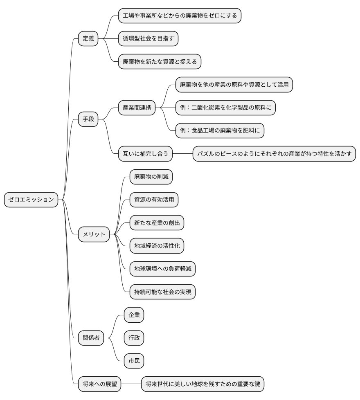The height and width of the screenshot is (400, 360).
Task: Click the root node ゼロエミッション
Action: tap(31, 200)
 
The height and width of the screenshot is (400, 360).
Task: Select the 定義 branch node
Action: tap(88, 38)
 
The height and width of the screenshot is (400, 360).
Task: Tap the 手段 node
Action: tap(88, 119)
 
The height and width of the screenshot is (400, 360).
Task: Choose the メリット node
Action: tap(94, 234)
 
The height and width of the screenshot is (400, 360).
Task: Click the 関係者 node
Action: tap(91, 338)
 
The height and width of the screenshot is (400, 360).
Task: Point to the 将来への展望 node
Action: tap(99, 384)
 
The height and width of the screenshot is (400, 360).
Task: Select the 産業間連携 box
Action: tap(137, 108)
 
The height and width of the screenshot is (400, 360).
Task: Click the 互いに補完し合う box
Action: tap(145, 154)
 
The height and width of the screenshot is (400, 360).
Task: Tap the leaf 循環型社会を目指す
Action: tap(148, 38)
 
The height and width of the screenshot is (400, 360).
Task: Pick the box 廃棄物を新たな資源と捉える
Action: tap(160, 61)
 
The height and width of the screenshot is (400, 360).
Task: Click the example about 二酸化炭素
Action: tap(225, 108)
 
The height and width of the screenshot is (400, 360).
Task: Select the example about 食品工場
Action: tap(220, 130)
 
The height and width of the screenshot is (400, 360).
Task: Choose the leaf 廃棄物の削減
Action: tap(151, 177)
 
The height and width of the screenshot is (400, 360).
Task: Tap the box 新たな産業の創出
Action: tap(157, 223)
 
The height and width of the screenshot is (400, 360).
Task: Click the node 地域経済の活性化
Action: tap(157, 246)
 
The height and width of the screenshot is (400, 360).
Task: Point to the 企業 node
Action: tap(134, 315)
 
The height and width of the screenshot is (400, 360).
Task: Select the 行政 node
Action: tap(134, 338)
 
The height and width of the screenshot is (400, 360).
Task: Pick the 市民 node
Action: tap(134, 361)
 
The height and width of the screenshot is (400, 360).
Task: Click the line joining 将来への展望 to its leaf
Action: tap(131, 384)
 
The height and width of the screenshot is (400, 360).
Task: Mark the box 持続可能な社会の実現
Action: tap(162, 292)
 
